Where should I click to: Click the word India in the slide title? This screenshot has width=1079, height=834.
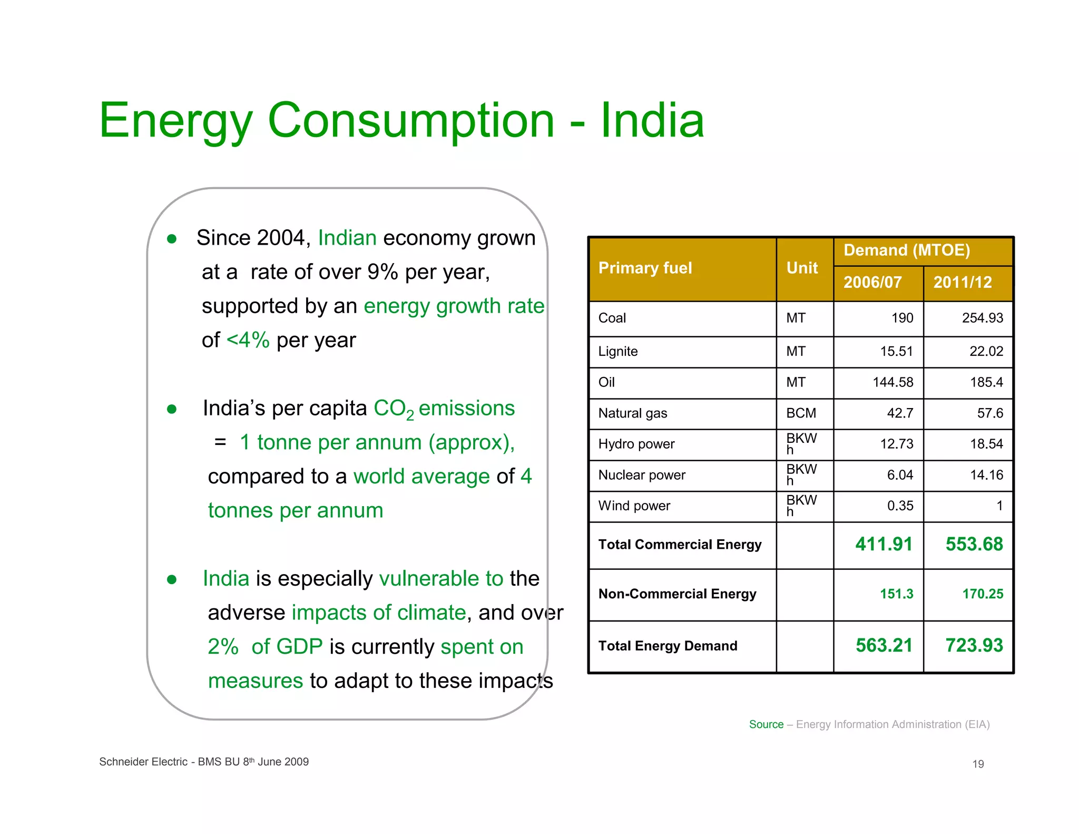tap(652, 121)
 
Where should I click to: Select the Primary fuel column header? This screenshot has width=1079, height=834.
tap(645, 268)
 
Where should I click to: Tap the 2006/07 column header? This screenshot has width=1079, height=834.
tap(872, 282)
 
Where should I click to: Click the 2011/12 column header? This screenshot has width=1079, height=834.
tap(963, 282)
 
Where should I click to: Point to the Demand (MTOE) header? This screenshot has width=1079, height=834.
tap(907, 250)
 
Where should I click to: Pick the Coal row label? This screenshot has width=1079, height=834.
tap(612, 318)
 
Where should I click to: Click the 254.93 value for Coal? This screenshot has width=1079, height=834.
tap(982, 318)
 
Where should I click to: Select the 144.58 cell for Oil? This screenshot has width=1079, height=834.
tap(892, 382)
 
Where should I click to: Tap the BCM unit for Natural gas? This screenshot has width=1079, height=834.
tap(801, 413)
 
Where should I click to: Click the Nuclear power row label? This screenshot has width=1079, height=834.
tap(641, 475)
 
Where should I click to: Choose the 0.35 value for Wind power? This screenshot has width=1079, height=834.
tap(900, 506)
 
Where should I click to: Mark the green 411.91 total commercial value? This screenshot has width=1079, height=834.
tap(884, 544)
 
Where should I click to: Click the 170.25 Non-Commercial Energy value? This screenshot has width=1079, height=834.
tap(983, 594)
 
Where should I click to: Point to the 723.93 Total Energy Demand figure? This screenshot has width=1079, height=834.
tap(974, 645)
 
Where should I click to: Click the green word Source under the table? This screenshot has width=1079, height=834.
tap(766, 724)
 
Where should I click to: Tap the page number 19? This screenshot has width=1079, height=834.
tap(978, 764)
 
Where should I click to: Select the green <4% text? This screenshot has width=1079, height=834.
tap(248, 340)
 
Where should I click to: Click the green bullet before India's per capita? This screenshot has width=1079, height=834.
tap(172, 409)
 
